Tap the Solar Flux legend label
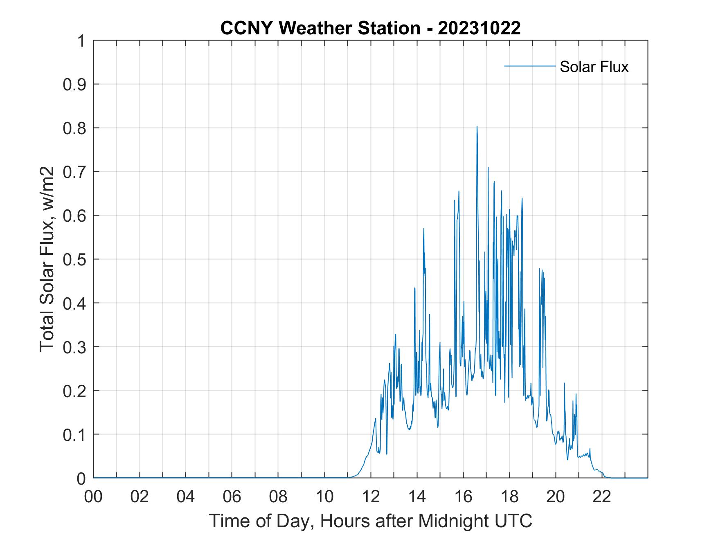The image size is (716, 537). point(594,67)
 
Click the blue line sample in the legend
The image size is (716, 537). point(529,66)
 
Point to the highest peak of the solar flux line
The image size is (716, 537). point(477,127)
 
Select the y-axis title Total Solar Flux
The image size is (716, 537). point(47,259)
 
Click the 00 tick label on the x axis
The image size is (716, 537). point(93,497)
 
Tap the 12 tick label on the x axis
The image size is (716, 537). point(371,497)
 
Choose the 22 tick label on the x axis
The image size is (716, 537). point(602,497)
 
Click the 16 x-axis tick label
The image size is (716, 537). point(463,497)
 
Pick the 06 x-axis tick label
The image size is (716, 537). point(232,497)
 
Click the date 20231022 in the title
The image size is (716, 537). point(479,28)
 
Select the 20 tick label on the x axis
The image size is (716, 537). point(556,497)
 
